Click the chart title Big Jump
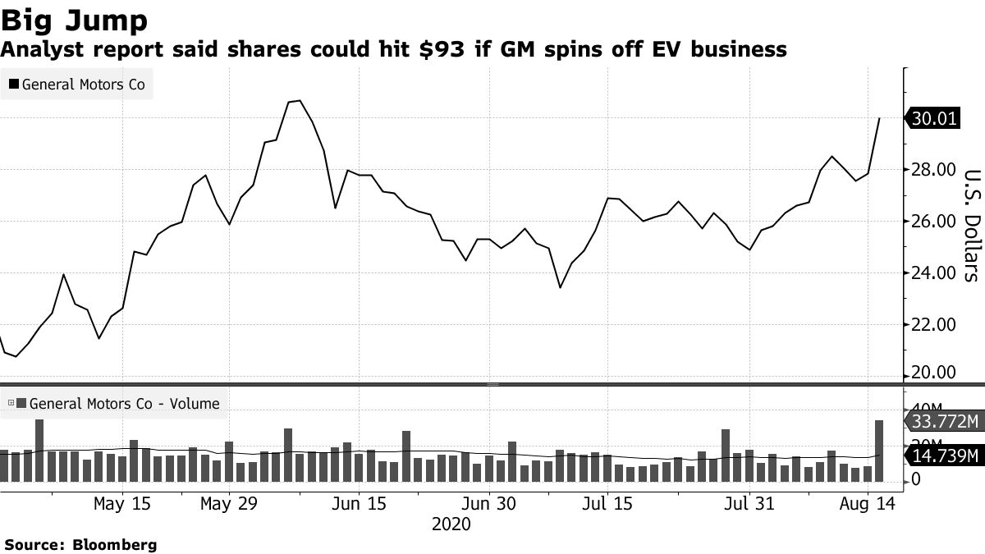click(x=75, y=20)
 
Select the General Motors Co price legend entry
click(x=77, y=84)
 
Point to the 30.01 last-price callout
click(x=934, y=119)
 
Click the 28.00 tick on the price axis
click(x=934, y=170)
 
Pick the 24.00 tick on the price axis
click(x=934, y=273)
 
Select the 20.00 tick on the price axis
click(x=934, y=373)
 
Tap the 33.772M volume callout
click(x=942, y=422)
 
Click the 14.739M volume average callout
click(x=942, y=456)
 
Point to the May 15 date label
click(x=122, y=503)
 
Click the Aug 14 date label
click(x=868, y=503)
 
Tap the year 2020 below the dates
click(x=451, y=524)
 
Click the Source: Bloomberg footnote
click(x=80, y=544)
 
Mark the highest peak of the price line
click(x=300, y=101)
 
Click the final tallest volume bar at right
click(x=879, y=451)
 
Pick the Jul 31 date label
click(x=749, y=503)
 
